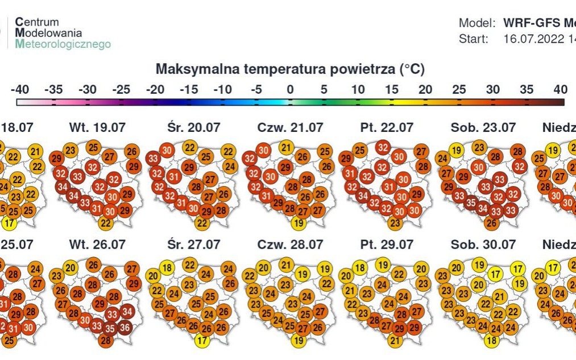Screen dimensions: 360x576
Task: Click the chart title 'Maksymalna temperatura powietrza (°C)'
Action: point(290,69)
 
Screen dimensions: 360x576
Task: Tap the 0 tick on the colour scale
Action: point(290,90)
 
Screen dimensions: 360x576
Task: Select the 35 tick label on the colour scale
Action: point(527,90)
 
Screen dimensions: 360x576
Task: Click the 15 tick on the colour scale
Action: point(391,90)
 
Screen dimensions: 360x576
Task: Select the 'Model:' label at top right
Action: point(477,23)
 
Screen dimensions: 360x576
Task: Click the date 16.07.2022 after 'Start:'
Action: point(532,39)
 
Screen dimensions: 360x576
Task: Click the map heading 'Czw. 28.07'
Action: point(290,245)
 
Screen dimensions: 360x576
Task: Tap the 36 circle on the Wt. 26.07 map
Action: point(125,328)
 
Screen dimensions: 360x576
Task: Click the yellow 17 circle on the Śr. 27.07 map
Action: point(201,341)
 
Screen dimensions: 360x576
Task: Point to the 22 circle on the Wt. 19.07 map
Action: point(105,224)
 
